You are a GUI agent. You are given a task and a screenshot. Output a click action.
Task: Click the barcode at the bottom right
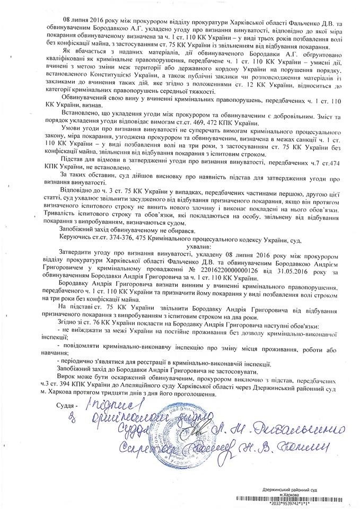point(296,499)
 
